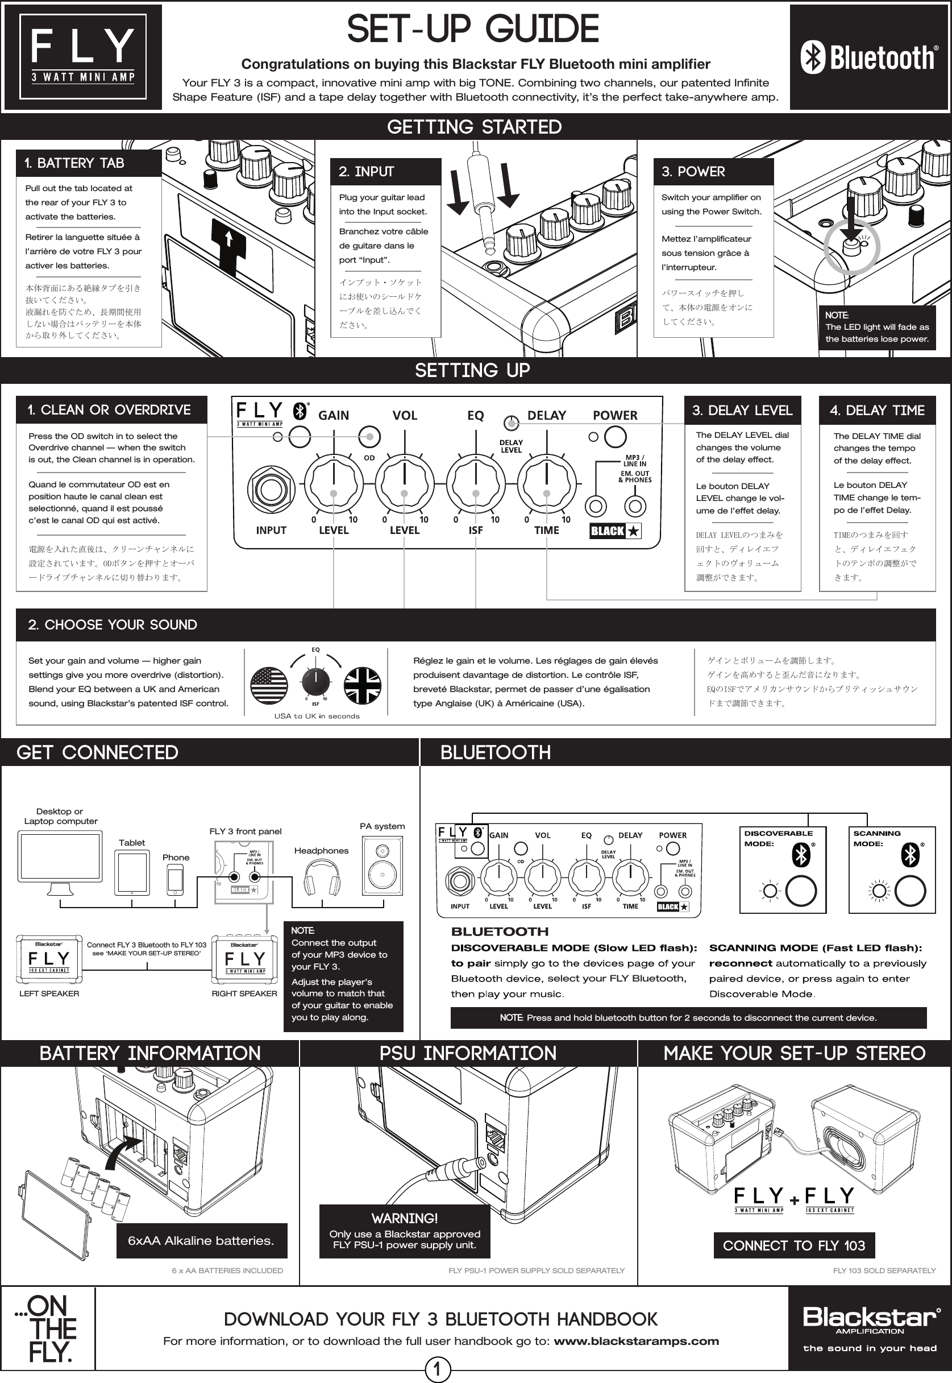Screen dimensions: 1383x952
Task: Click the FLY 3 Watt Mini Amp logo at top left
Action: click(x=83, y=57)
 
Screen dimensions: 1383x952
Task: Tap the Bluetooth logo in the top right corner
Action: click(x=869, y=58)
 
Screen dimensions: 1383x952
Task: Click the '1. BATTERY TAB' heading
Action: click(x=74, y=163)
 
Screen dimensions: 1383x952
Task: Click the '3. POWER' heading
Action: click(x=693, y=172)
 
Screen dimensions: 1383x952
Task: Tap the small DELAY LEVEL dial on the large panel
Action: click(x=510, y=423)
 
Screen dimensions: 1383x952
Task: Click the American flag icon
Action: click(x=269, y=686)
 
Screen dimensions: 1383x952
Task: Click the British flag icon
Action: click(x=363, y=686)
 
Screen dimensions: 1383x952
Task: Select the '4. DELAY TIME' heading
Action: click(x=876, y=411)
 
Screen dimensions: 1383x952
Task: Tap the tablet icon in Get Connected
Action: click(x=132, y=873)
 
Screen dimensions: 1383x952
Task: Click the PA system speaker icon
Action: click(x=383, y=865)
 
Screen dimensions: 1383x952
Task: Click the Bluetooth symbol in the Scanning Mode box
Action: click(x=911, y=855)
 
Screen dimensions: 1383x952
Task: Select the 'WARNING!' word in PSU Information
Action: click(x=405, y=1218)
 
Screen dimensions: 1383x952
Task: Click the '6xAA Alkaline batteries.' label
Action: click(x=201, y=1241)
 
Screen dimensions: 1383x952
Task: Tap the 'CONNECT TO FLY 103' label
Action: click(x=793, y=1246)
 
